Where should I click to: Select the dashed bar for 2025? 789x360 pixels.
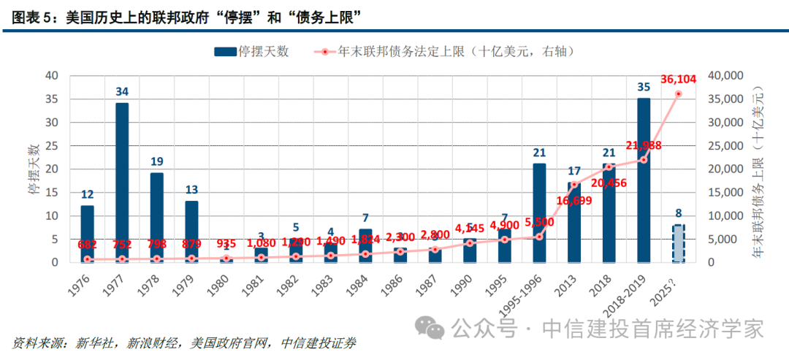pos(678,243)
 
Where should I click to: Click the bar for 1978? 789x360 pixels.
pos(157,217)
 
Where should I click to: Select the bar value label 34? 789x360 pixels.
pos(122,91)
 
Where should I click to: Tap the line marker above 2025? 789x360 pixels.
pos(679,93)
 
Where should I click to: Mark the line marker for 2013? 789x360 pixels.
pos(574,185)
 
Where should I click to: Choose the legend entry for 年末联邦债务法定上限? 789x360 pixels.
pos(453,51)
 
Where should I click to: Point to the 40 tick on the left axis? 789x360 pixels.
pos(52,75)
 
